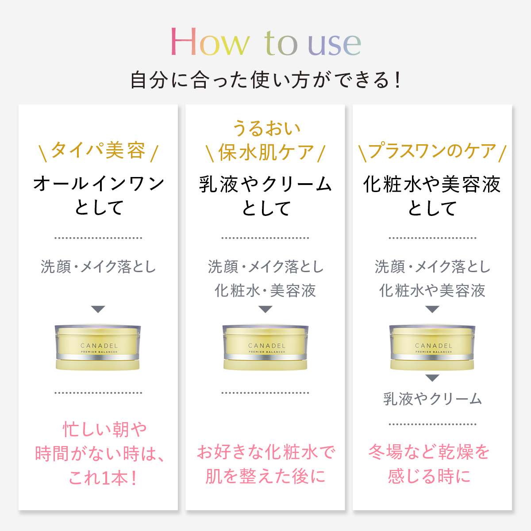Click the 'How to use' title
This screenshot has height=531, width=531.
pos(265,42)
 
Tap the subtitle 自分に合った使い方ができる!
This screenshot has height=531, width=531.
pos(265,80)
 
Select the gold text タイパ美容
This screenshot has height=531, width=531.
pos(98,151)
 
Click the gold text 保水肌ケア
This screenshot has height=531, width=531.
pos(265,153)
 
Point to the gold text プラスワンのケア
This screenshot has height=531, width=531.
pos(432,151)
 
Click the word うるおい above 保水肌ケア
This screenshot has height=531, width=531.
pos(265,128)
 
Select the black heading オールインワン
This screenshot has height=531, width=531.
pos(98,184)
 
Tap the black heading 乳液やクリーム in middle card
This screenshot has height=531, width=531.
pos(265,184)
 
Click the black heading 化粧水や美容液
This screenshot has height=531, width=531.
pos(432,184)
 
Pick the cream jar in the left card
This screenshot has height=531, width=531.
pos(98,348)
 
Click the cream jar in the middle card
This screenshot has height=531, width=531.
pos(265,348)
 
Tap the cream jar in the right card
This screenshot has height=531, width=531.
pos(432,348)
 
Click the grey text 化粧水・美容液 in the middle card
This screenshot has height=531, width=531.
pos(265,291)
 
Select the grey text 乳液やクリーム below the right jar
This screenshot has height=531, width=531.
pos(432,399)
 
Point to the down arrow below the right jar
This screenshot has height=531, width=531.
pos(432,378)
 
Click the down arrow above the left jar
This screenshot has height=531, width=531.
pos(98,309)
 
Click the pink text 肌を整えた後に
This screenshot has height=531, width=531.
pos(265,476)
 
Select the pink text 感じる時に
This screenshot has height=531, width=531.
pos(429,476)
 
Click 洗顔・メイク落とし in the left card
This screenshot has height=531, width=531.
pos(98,267)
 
